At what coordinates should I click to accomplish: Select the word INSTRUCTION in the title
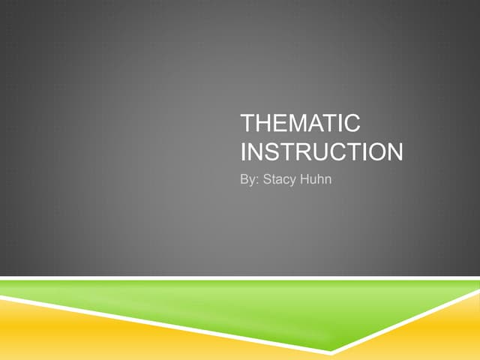(322, 151)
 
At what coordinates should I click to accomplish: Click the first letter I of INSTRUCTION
(244, 151)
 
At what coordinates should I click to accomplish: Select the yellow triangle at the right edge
(450, 330)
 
